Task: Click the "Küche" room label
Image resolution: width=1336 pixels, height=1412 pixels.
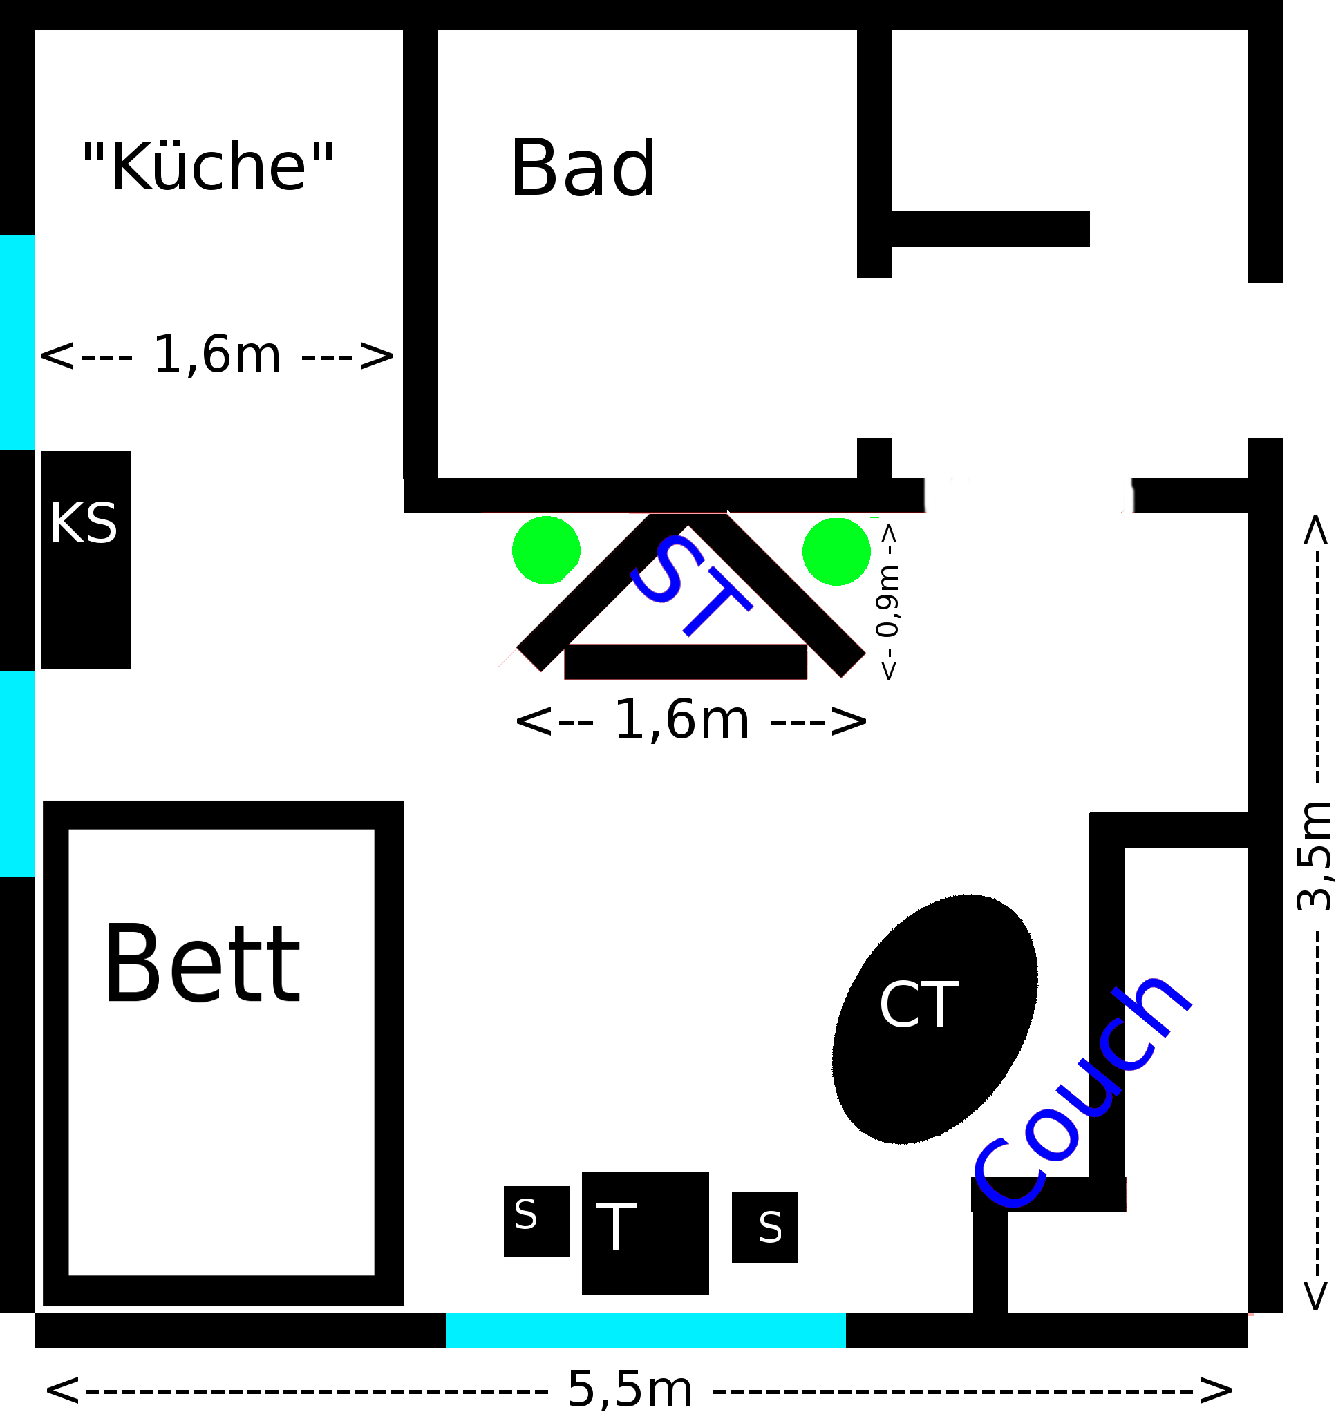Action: [208, 167]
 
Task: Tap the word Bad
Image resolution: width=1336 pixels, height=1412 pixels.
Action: [583, 169]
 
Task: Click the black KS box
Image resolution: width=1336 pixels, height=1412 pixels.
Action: [86, 560]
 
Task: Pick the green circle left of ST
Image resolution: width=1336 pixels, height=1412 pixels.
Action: [546, 550]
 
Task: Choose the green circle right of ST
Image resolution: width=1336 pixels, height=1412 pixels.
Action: [836, 551]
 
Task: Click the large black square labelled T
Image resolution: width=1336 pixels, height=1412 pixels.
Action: [646, 1232]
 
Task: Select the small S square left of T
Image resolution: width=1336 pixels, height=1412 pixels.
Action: [536, 1221]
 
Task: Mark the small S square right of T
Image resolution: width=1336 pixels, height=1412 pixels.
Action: [765, 1228]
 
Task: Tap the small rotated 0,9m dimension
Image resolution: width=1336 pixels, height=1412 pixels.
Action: [888, 602]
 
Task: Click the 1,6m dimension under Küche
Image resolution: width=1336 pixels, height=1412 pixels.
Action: [216, 354]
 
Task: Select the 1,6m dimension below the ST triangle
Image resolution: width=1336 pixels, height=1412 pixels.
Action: [689, 721]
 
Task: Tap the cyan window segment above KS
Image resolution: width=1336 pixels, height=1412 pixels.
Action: [17, 342]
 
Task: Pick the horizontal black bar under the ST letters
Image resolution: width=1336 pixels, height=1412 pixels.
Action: [685, 662]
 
